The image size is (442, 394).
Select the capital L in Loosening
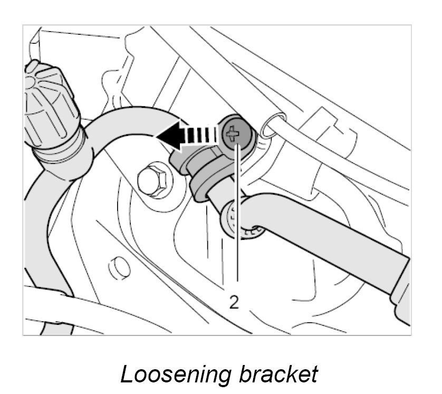[127, 373]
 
